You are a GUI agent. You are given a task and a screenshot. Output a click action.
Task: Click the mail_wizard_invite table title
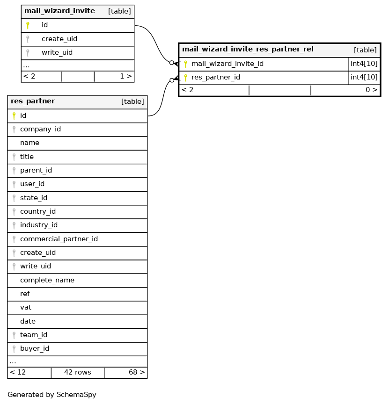click(59, 11)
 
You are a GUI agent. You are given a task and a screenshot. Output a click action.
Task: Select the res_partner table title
click(33, 101)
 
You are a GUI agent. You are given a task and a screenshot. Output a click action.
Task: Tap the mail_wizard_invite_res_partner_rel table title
click(248, 49)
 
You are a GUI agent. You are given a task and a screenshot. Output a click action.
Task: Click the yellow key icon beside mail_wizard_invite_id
click(185, 64)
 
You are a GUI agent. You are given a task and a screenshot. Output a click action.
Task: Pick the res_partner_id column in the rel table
click(216, 78)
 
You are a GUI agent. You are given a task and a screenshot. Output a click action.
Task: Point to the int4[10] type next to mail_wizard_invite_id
click(364, 64)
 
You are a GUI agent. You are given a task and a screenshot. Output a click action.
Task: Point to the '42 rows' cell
click(77, 373)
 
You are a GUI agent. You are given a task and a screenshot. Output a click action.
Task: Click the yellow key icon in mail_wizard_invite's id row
click(28, 25)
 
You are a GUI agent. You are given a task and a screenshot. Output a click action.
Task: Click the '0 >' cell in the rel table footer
click(371, 90)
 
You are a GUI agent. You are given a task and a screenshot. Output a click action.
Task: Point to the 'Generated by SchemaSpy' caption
click(52, 395)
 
